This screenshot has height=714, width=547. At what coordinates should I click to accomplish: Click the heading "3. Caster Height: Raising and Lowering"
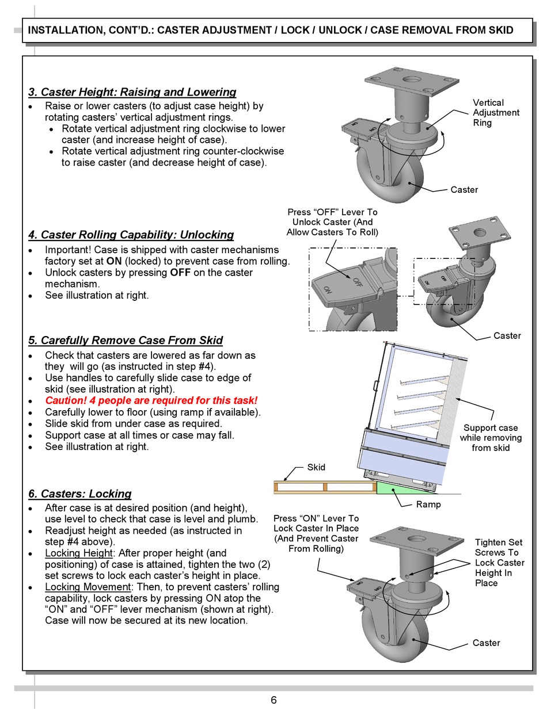[x=132, y=92]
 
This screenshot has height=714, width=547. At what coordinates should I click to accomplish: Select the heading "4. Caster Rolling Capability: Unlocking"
[x=131, y=235]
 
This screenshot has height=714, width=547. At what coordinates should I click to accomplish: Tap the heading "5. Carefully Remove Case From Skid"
[x=126, y=340]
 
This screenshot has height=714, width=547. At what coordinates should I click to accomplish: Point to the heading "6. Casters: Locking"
[x=80, y=494]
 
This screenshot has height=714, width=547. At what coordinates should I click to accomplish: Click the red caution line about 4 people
[x=151, y=400]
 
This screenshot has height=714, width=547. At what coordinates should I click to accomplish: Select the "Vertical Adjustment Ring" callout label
[x=496, y=113]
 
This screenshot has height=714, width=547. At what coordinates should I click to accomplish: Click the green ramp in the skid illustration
[x=397, y=488]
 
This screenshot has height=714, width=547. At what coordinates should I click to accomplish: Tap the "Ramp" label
[x=428, y=505]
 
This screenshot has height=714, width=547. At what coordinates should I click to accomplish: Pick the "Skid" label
[x=316, y=467]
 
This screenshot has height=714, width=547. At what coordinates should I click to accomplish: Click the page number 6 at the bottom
[x=273, y=700]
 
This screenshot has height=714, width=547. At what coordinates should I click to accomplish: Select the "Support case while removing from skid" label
[x=490, y=438]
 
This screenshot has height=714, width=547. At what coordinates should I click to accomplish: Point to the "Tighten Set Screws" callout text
[x=499, y=563]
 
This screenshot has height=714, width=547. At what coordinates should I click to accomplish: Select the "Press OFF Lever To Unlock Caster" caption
[x=332, y=222]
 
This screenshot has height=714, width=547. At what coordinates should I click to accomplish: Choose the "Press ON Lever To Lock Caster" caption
[x=316, y=533]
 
